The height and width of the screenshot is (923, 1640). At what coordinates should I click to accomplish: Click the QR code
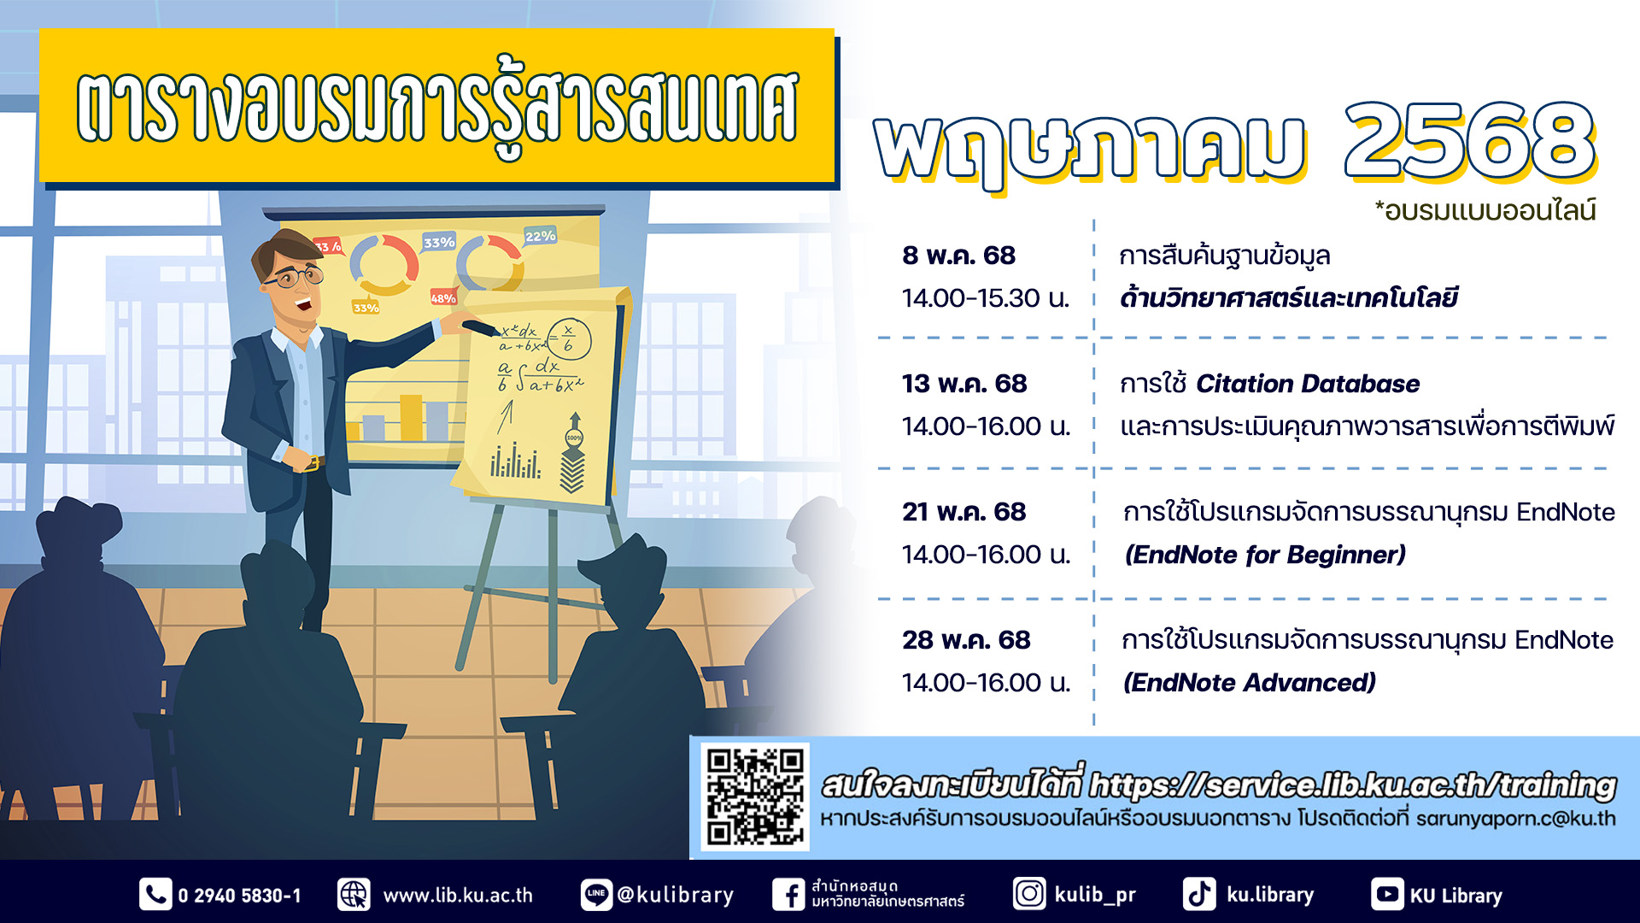(755, 797)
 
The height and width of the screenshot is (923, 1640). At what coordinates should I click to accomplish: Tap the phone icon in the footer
(155, 895)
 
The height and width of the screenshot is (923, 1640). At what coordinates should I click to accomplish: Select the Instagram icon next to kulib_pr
(1029, 894)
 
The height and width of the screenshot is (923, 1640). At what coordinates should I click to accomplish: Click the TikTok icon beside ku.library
(1199, 895)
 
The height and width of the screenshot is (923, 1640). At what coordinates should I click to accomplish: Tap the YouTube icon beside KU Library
(1387, 895)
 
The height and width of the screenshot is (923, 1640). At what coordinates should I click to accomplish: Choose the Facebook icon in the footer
(788, 895)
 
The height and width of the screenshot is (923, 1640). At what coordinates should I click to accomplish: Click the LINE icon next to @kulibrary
(596, 895)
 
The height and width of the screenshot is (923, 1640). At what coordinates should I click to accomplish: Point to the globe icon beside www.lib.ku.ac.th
(354, 895)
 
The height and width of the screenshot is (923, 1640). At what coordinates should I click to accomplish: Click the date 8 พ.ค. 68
(958, 255)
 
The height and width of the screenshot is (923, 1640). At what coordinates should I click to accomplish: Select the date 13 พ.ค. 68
(964, 384)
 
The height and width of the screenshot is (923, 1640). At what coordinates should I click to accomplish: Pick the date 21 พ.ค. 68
(963, 512)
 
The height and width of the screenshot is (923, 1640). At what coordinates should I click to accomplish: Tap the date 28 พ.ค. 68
(966, 640)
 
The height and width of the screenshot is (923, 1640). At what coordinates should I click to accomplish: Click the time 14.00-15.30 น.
(986, 298)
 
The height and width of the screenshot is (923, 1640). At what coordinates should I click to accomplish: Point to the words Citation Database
(1308, 384)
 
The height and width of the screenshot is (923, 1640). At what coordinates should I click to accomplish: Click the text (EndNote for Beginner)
(1265, 555)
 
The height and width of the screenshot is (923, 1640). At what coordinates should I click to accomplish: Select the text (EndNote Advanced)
(1250, 683)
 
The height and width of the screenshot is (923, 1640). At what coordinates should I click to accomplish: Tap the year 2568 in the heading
(1469, 141)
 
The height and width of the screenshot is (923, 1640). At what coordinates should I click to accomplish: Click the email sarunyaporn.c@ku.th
(1515, 819)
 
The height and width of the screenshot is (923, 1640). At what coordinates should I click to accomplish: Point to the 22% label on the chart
(540, 236)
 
